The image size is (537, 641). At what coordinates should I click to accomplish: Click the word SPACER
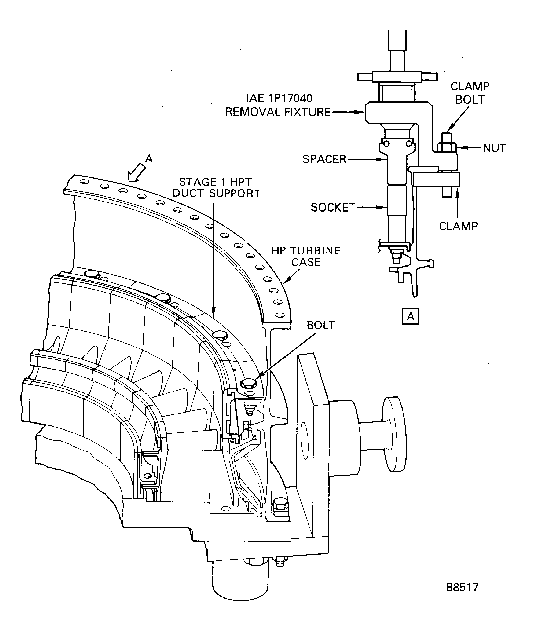click(x=324, y=159)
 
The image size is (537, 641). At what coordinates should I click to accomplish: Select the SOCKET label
click(x=333, y=208)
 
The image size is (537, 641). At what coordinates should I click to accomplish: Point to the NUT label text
click(x=494, y=148)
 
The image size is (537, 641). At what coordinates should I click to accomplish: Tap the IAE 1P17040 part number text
click(x=279, y=98)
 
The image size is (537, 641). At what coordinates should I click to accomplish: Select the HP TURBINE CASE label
click(x=306, y=256)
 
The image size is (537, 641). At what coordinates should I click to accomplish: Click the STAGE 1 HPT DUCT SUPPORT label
click(x=216, y=188)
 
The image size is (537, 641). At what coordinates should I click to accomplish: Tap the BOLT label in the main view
click(x=321, y=325)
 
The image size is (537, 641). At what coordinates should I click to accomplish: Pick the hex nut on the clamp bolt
click(x=447, y=147)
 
